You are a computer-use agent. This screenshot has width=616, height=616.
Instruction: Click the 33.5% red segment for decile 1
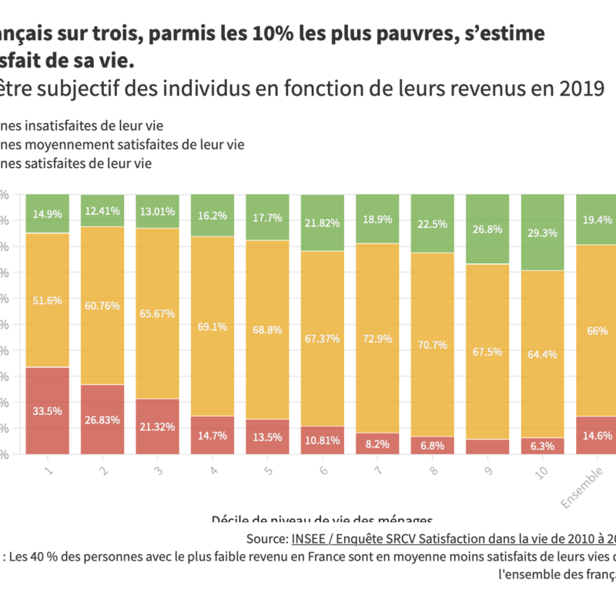tap(47, 410)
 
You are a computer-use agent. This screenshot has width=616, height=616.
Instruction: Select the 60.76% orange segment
tap(102, 306)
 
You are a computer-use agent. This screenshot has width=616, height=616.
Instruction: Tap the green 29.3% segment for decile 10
tap(542, 232)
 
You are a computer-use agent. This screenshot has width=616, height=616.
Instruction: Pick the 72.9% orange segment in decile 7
tap(377, 338)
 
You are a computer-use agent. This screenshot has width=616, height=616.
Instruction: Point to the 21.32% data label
tap(157, 427)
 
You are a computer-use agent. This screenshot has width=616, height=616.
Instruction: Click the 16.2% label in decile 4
tap(212, 216)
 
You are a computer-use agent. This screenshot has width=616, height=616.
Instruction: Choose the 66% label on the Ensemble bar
tap(598, 331)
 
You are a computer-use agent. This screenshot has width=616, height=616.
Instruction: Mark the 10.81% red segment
tap(322, 440)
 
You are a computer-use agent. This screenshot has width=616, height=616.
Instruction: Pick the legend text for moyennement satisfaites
tap(123, 144)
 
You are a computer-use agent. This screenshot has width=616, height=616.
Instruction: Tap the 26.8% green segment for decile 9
tap(487, 229)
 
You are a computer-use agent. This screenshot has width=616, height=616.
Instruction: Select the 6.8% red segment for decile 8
tap(432, 445)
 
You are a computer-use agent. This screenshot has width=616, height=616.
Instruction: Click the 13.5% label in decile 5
tap(267, 437)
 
